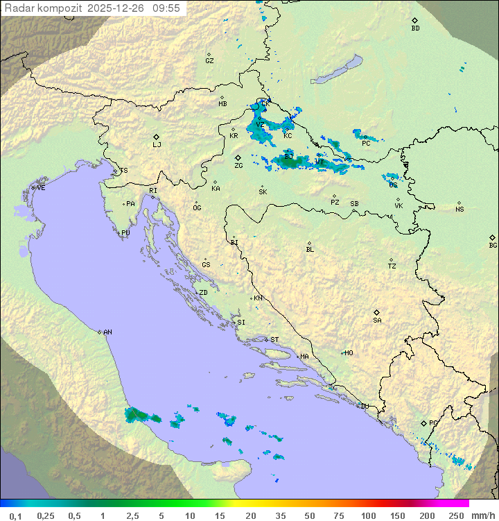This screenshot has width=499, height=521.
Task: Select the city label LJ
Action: pyautogui.click(x=157, y=145)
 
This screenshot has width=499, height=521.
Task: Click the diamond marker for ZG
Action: pyautogui.click(x=238, y=157)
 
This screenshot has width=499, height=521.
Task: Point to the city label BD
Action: pyautogui.click(x=415, y=28)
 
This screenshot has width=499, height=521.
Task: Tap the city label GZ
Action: pyautogui.click(x=209, y=61)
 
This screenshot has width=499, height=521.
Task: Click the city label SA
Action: pyautogui.click(x=377, y=321)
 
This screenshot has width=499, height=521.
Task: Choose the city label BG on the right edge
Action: pyautogui.click(x=493, y=246)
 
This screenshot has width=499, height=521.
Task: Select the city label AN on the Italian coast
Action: pyautogui.click(x=107, y=332)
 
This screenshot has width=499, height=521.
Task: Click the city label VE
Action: pyautogui.click(x=41, y=188)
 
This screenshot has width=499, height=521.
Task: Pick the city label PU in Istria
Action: pyautogui.click(x=125, y=233)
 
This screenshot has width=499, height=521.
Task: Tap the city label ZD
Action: pyautogui.click(x=203, y=293)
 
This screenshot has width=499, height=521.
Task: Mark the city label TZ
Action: pyautogui.click(x=392, y=266)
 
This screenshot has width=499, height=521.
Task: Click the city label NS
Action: pyautogui.click(x=459, y=210)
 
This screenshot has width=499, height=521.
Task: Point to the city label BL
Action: pyautogui.click(x=310, y=250)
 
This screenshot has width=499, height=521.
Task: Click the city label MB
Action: pyautogui.click(x=222, y=104)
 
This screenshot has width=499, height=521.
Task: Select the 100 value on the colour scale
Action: pyautogui.click(x=368, y=515)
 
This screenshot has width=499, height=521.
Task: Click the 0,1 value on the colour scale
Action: pyautogui.click(x=15, y=515)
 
